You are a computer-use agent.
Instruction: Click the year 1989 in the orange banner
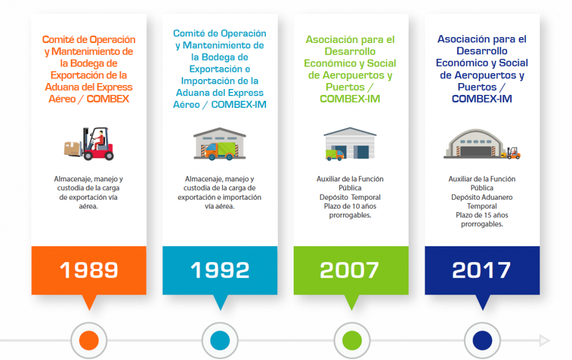(88, 270)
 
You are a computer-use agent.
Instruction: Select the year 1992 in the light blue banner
(220, 270)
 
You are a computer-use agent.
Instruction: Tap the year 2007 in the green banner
(349, 270)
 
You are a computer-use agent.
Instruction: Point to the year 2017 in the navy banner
(481, 270)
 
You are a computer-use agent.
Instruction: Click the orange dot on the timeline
(88, 341)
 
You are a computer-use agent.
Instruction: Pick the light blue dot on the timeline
(220, 341)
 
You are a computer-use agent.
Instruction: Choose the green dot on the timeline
(351, 341)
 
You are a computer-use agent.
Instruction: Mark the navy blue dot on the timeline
(482, 341)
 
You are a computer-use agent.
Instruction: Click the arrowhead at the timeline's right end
(545, 341)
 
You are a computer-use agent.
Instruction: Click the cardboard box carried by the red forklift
(72, 148)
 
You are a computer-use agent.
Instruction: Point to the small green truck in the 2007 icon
(334, 155)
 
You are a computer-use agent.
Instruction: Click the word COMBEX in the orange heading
(107, 99)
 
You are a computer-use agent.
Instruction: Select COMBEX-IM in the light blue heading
(239, 104)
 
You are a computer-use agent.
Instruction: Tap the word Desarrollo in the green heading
(350, 51)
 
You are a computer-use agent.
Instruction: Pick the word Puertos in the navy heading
(477, 87)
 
